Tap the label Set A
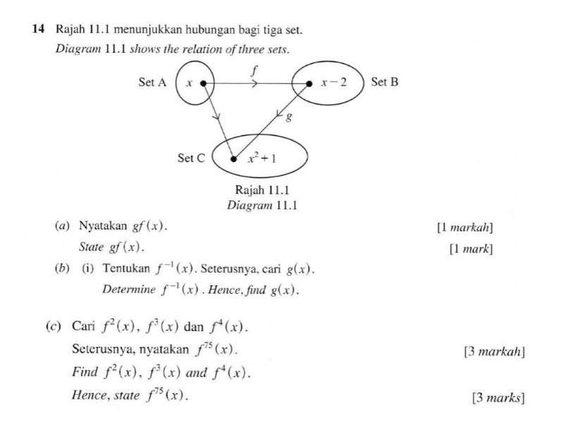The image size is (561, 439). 152,82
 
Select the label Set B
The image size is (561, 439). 385,82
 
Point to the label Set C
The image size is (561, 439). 191,159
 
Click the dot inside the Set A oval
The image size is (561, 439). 203,83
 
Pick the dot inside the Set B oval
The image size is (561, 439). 309,83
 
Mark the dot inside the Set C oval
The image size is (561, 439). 234,159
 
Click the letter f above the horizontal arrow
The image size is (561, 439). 254,70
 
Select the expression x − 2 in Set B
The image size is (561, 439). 333,82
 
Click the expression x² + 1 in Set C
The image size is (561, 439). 261,158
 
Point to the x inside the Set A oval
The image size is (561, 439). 188,83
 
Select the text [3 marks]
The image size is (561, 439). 498,397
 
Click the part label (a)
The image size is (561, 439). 62,226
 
